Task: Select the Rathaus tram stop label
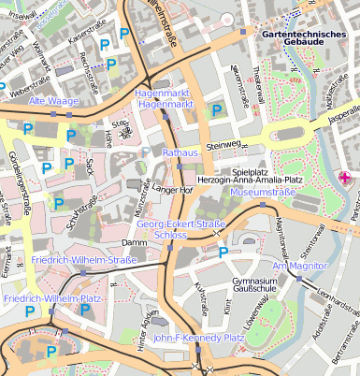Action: (180, 151)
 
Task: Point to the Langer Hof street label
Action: (173, 190)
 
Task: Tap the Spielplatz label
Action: (251, 172)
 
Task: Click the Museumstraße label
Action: (263, 192)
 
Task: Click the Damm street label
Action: (135, 242)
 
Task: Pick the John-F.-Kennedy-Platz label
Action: (193, 338)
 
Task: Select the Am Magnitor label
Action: (297, 267)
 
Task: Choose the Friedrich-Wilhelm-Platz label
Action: (52, 298)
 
